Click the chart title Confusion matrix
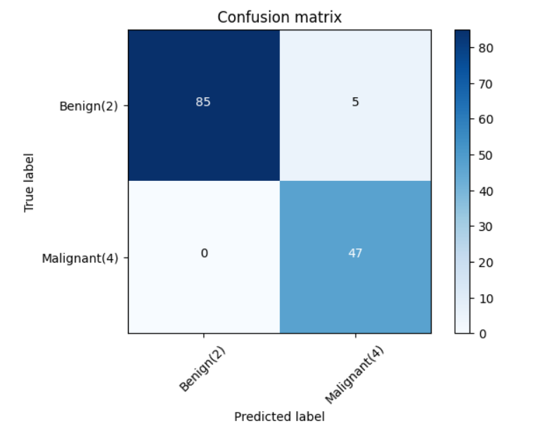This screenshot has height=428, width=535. pyautogui.click(x=279, y=17)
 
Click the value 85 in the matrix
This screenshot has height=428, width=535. pyautogui.click(x=203, y=101)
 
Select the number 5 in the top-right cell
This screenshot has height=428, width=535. pyautogui.click(x=355, y=101)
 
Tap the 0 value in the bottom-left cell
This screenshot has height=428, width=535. pyautogui.click(x=204, y=253)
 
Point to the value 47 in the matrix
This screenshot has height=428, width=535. pyautogui.click(x=355, y=253)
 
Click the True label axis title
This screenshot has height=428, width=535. pyautogui.click(x=30, y=182)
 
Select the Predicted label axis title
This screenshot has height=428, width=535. pyautogui.click(x=279, y=416)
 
